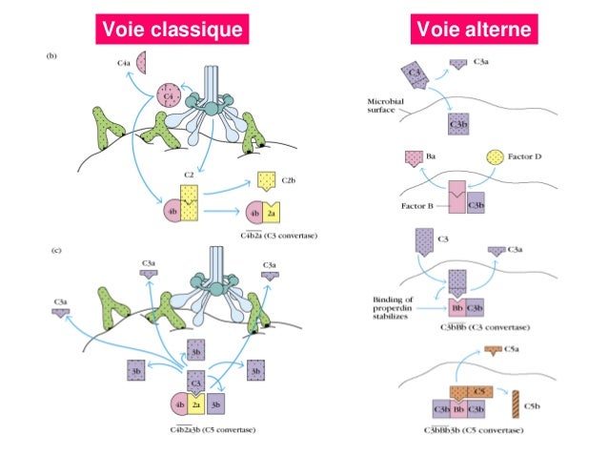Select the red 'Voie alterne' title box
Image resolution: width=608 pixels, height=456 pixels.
point(472,31)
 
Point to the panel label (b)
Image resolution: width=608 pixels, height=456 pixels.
point(53,56)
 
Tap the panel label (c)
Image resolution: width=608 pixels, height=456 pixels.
point(53,252)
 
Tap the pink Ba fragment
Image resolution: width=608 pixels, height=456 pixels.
point(415,157)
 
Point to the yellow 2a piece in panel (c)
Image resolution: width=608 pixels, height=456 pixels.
point(194,404)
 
